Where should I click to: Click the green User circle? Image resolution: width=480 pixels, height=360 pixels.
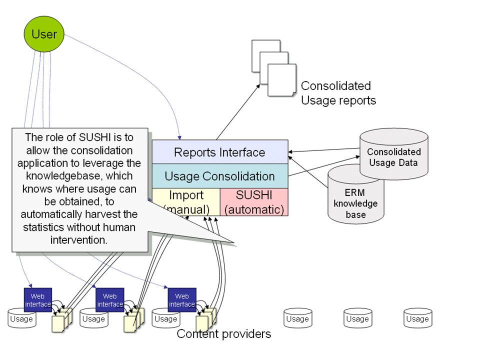click(44, 34)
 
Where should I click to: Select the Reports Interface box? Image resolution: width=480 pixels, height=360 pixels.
click(220, 152)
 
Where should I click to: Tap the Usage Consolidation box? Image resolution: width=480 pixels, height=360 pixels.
click(220, 176)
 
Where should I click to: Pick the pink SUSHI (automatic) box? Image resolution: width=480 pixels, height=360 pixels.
click(254, 202)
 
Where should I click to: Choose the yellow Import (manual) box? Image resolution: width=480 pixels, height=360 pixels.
click(186, 202)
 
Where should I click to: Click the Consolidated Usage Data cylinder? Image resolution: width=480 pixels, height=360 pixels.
click(393, 153)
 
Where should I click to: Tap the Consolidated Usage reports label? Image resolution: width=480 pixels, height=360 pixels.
click(338, 93)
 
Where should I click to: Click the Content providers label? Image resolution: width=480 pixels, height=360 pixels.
click(224, 333)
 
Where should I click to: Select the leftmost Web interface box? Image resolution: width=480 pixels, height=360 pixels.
click(38, 300)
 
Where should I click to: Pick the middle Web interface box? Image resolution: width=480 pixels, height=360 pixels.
click(110, 300)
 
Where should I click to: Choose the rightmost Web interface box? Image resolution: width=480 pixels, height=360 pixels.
click(182, 300)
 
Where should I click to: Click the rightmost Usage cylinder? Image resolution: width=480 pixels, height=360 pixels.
click(418, 318)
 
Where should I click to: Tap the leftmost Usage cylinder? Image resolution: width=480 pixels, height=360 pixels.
click(21, 318)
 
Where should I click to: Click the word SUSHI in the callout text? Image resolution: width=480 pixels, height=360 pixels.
click(95, 137)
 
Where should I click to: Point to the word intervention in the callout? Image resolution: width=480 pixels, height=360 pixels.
click(79, 240)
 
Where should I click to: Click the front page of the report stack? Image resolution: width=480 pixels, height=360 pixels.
click(282, 80)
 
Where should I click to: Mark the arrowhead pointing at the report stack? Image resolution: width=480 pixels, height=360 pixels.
click(258, 86)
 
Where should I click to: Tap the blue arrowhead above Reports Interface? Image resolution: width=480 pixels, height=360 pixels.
click(179, 137)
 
